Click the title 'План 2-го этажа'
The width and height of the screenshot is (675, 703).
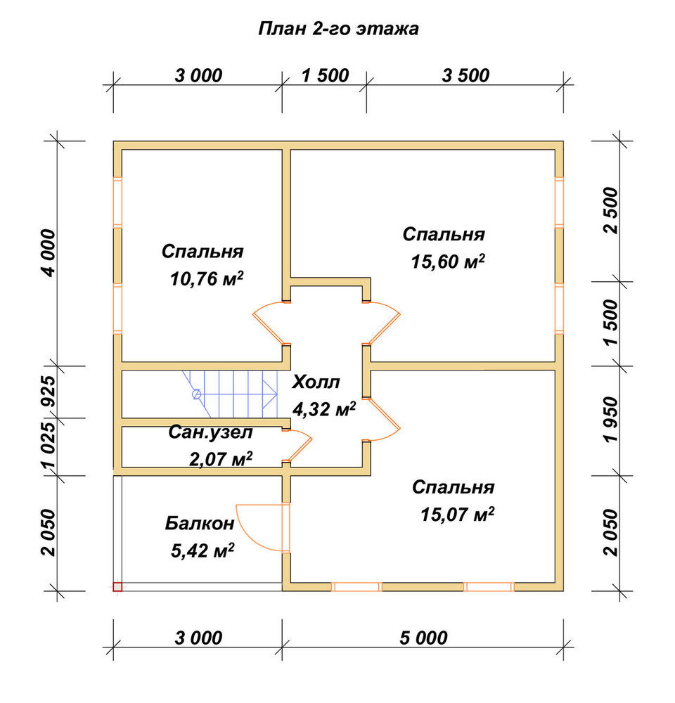tap(339, 29)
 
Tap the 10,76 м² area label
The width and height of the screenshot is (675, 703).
tap(207, 279)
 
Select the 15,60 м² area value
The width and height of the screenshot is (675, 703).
tap(448, 262)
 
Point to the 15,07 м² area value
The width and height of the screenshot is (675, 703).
tap(458, 515)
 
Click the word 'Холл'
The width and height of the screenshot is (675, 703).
tap(316, 382)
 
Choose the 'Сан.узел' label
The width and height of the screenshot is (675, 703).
tap(211, 432)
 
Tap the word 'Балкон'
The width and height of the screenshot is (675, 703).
tap(200, 523)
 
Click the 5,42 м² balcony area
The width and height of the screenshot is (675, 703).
tap(202, 550)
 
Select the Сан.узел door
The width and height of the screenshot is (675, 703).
tap(298, 445)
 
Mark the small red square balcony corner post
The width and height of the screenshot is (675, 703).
tap(117, 587)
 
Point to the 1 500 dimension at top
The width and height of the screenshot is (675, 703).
tap(325, 76)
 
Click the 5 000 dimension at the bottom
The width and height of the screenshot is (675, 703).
tap(423, 638)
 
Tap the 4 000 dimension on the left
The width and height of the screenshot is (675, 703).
tap(49, 253)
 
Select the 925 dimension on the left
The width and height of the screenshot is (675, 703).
tap(49, 391)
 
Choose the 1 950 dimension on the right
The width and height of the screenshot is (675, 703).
tap(611, 419)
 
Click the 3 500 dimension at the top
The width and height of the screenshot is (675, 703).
tap(465, 76)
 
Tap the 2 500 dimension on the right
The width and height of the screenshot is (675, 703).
tap(611, 211)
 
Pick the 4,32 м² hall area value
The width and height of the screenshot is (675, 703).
tap(324, 409)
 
